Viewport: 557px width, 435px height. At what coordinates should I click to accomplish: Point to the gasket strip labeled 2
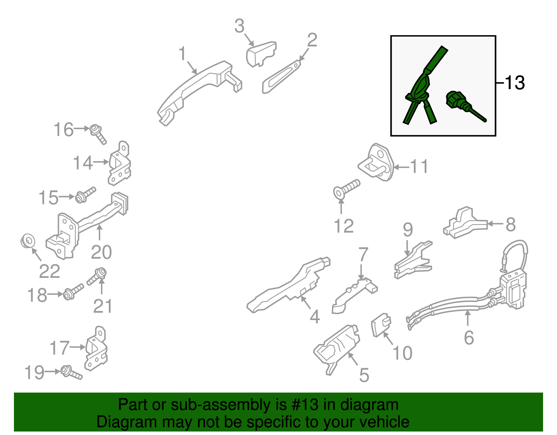coord(281,77)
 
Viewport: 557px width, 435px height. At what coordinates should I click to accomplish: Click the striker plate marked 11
coord(376,162)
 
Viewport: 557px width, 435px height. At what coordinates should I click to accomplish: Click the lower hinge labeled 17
coord(96,349)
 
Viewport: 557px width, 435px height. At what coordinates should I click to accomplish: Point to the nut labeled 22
coord(28,241)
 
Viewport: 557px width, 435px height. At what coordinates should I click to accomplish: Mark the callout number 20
coord(101,252)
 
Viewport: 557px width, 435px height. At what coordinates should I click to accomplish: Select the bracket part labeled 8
coord(465,223)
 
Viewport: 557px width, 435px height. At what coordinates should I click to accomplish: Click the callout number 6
coord(469,337)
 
